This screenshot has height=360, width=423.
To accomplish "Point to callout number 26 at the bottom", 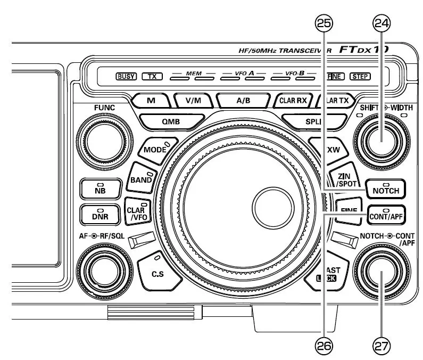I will tap(324, 346).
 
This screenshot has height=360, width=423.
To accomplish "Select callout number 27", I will tap(381, 346).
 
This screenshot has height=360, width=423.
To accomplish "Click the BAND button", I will tap(142, 179).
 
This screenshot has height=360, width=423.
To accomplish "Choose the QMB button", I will tap(171, 121).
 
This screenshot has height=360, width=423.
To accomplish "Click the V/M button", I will tap(194, 100).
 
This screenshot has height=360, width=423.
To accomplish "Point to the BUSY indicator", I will tap(126, 76).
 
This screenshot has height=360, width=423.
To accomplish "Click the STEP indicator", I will tap(360, 76).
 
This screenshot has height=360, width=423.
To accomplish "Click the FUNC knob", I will tap(104, 141).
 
